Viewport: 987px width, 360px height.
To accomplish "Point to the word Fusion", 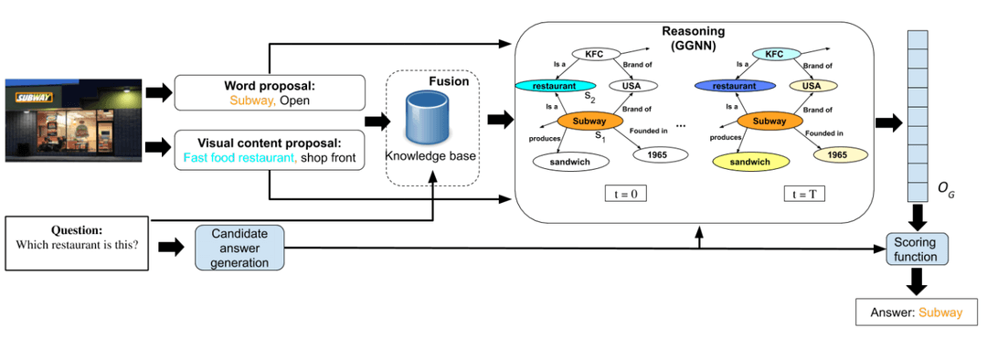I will pyautogui.click(x=449, y=81).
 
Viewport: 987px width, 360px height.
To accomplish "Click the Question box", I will pyautogui.click(x=77, y=242).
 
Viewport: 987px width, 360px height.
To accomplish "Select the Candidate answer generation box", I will pyautogui.click(x=240, y=249).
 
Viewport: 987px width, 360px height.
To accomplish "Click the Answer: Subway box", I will pyautogui.click(x=917, y=312).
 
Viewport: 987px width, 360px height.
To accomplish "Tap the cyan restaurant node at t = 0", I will pyautogui.click(x=549, y=86).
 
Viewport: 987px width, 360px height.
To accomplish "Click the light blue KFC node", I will pyautogui.click(x=774, y=53).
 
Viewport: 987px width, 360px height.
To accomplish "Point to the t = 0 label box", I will pyautogui.click(x=626, y=194).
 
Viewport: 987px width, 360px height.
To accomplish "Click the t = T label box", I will pyautogui.click(x=805, y=194).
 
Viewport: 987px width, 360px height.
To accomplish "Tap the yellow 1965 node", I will pyautogui.click(x=831, y=154).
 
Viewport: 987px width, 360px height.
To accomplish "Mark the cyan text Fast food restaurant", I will pyautogui.click(x=239, y=157).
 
